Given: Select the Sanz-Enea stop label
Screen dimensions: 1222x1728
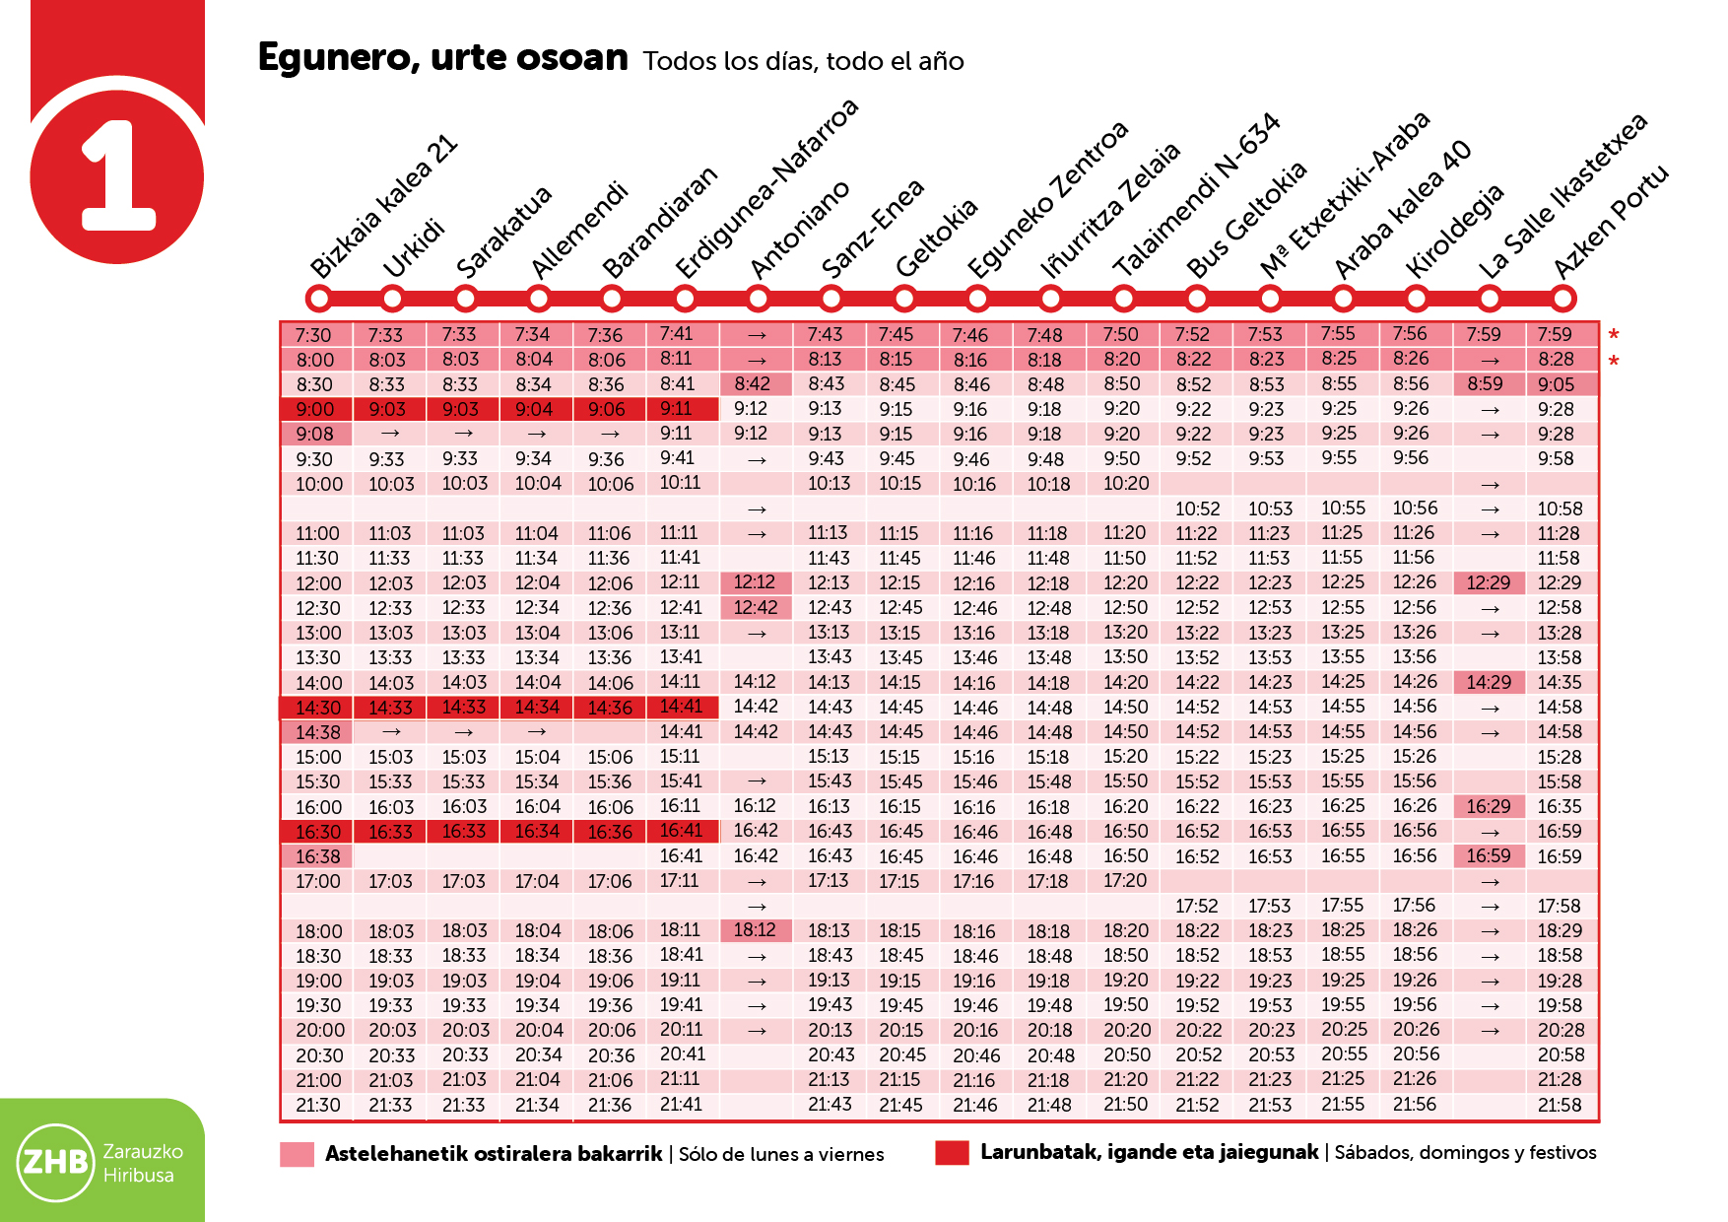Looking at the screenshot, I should coord(872,230).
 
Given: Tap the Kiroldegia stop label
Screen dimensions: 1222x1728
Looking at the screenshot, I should coord(1454,231).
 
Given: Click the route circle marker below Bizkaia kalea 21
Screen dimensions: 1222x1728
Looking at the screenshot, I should coord(318,298).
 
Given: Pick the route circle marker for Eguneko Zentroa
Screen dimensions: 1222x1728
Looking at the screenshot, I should coord(977,298).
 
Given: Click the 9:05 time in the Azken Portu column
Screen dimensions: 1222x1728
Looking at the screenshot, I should coord(1557,384).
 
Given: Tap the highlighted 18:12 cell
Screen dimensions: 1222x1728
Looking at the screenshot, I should coord(755,929).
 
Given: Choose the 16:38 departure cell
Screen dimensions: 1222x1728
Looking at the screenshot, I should coord(317,856).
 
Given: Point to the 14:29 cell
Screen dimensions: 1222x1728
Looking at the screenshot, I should coord(1488,682).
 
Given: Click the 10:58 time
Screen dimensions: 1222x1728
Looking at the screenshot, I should coord(1560,509).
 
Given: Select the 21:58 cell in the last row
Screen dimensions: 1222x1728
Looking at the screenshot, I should coord(1560,1105).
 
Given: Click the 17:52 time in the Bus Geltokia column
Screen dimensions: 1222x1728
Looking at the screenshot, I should coord(1197,906).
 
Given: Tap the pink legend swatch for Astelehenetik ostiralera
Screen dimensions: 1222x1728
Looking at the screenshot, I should coord(297,1154).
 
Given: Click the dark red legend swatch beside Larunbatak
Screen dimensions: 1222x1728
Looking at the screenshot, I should coord(952,1153).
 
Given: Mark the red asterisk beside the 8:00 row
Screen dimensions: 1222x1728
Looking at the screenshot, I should coord(1614,362).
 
